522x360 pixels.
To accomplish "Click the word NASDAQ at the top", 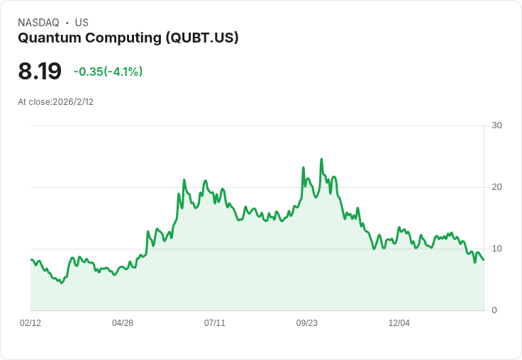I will pyautogui.click(x=38, y=23).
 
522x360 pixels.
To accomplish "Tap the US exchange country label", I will pyautogui.click(x=82, y=23).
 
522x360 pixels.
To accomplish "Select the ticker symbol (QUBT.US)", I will pyautogui.click(x=201, y=38).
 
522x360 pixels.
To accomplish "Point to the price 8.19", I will pyautogui.click(x=40, y=71).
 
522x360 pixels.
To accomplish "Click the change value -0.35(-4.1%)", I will pyautogui.click(x=108, y=72).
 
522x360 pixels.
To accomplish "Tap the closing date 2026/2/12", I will pyautogui.click(x=73, y=102).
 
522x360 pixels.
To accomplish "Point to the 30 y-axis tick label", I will pyautogui.click(x=496, y=126).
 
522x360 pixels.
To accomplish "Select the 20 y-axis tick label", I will pyautogui.click(x=496, y=187).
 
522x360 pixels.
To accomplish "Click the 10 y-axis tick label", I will pyautogui.click(x=496, y=249).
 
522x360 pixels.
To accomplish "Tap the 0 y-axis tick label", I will pyautogui.click(x=494, y=310).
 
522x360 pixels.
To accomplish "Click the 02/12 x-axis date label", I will pyautogui.click(x=30, y=323).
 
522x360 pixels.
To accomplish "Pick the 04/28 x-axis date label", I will pyautogui.click(x=123, y=323).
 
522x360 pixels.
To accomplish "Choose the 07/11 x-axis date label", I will pyautogui.click(x=215, y=323).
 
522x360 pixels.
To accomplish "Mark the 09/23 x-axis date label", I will pyautogui.click(x=307, y=323).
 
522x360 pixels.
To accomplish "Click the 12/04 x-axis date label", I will pyautogui.click(x=399, y=323).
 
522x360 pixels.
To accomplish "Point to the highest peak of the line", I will pyautogui.click(x=321, y=159).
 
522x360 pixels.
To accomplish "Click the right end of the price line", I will pyautogui.click(x=484, y=259).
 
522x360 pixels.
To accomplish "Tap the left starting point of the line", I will pyautogui.click(x=31, y=260).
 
